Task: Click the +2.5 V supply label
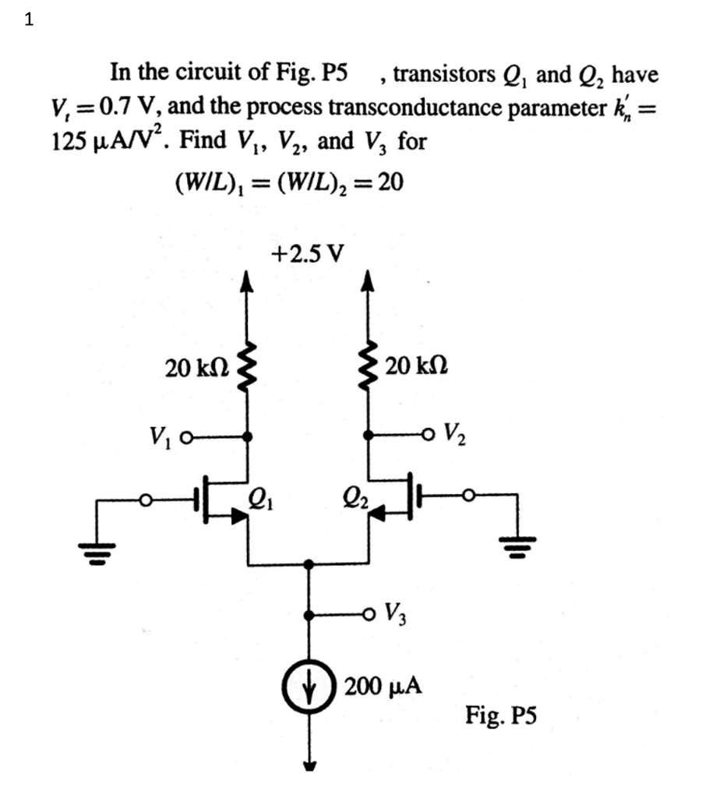click(x=307, y=254)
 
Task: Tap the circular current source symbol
click(x=309, y=687)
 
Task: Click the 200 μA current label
click(x=383, y=686)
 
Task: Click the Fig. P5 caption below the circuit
click(x=502, y=713)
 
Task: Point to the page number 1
click(x=29, y=21)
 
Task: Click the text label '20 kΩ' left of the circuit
click(x=196, y=366)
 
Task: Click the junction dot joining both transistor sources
click(x=310, y=563)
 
